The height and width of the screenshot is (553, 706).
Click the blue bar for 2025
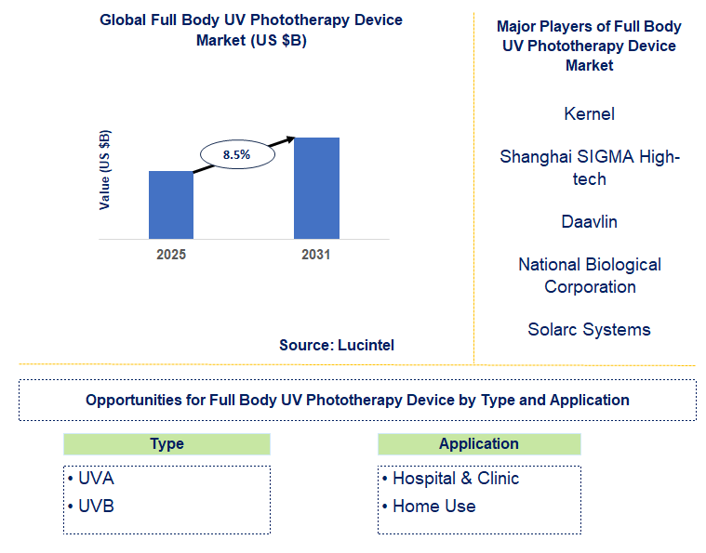click(x=171, y=204)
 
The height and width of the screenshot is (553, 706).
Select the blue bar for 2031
click(x=316, y=188)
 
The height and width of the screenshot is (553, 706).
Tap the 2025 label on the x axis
click(x=171, y=254)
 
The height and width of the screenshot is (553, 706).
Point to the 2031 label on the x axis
click(x=316, y=254)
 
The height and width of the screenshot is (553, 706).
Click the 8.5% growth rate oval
click(x=236, y=154)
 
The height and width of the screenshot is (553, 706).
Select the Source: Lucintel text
click(x=337, y=345)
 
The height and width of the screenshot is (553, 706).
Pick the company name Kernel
click(x=589, y=114)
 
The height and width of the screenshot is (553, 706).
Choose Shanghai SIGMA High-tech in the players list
click(x=589, y=168)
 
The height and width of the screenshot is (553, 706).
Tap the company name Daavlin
click(x=589, y=222)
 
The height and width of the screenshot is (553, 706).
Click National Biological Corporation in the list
click(x=589, y=276)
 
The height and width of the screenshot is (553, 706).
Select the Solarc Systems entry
click(x=589, y=330)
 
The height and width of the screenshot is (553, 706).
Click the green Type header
click(x=167, y=444)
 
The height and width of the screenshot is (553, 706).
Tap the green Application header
click(x=479, y=444)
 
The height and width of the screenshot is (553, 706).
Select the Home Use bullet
click(x=429, y=507)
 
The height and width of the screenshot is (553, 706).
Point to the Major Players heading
click(x=589, y=46)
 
